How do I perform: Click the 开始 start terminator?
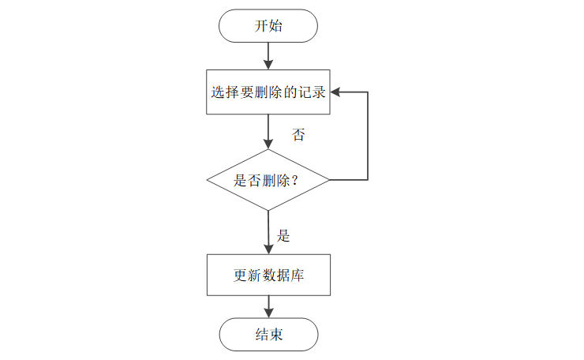[268, 26]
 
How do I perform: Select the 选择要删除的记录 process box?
[268, 92]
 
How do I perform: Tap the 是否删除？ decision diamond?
[268, 180]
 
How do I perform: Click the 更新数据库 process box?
[268, 276]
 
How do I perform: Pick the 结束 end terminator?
[268, 335]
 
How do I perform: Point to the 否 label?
[298, 135]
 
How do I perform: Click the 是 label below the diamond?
[284, 235]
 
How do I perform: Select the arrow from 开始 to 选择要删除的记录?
[268, 55]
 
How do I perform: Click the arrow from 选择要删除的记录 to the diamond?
[268, 132]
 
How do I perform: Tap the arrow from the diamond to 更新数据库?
[268, 232]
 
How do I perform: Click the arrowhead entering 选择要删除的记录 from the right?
[335, 92]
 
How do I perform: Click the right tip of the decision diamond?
[329, 180]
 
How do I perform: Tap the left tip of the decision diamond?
[208, 180]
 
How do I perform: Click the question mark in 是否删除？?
[301, 180]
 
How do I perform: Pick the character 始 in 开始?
[276, 26]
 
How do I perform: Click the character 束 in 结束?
[276, 335]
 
